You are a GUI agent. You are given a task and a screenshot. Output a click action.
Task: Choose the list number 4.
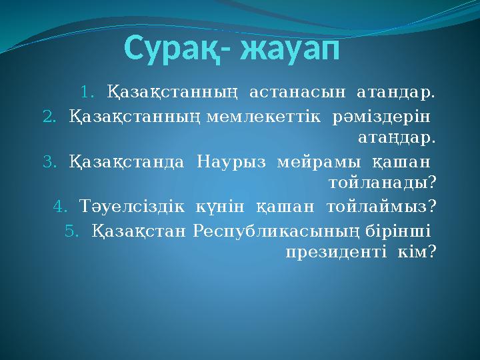click(x=59, y=207)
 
